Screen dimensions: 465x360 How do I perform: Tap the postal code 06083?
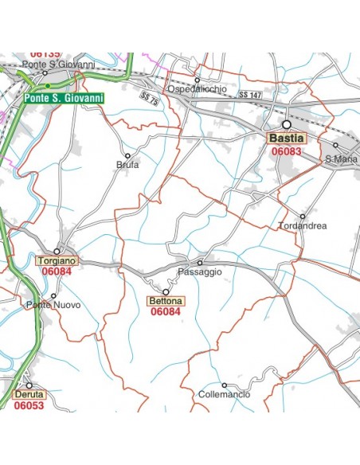pyautogui.click(x=287, y=150)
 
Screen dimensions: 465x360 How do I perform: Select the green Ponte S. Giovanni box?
pyautogui.click(x=64, y=99)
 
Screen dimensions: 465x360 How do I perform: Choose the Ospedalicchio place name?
pyautogui.click(x=197, y=89)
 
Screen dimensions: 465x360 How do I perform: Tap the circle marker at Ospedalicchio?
pyautogui.click(x=197, y=80)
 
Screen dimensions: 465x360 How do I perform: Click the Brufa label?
pyautogui.click(x=127, y=165)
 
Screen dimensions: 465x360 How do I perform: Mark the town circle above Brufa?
pyautogui.click(x=127, y=155)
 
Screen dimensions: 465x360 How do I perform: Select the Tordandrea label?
pyautogui.click(x=303, y=226)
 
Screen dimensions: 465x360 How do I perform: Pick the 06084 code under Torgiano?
pyautogui.click(x=57, y=272)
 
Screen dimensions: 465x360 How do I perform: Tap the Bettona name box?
pyautogui.click(x=166, y=301)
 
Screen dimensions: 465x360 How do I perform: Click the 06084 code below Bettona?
pyautogui.click(x=166, y=312)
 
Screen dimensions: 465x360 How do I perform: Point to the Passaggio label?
pyautogui.click(x=200, y=272)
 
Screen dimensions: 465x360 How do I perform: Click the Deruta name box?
pyautogui.click(x=29, y=394)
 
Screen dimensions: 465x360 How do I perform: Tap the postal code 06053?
pyautogui.click(x=29, y=405)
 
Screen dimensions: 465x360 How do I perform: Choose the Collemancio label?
pyautogui.click(x=224, y=395)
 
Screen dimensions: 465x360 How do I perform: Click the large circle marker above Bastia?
pyautogui.click(x=286, y=125)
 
